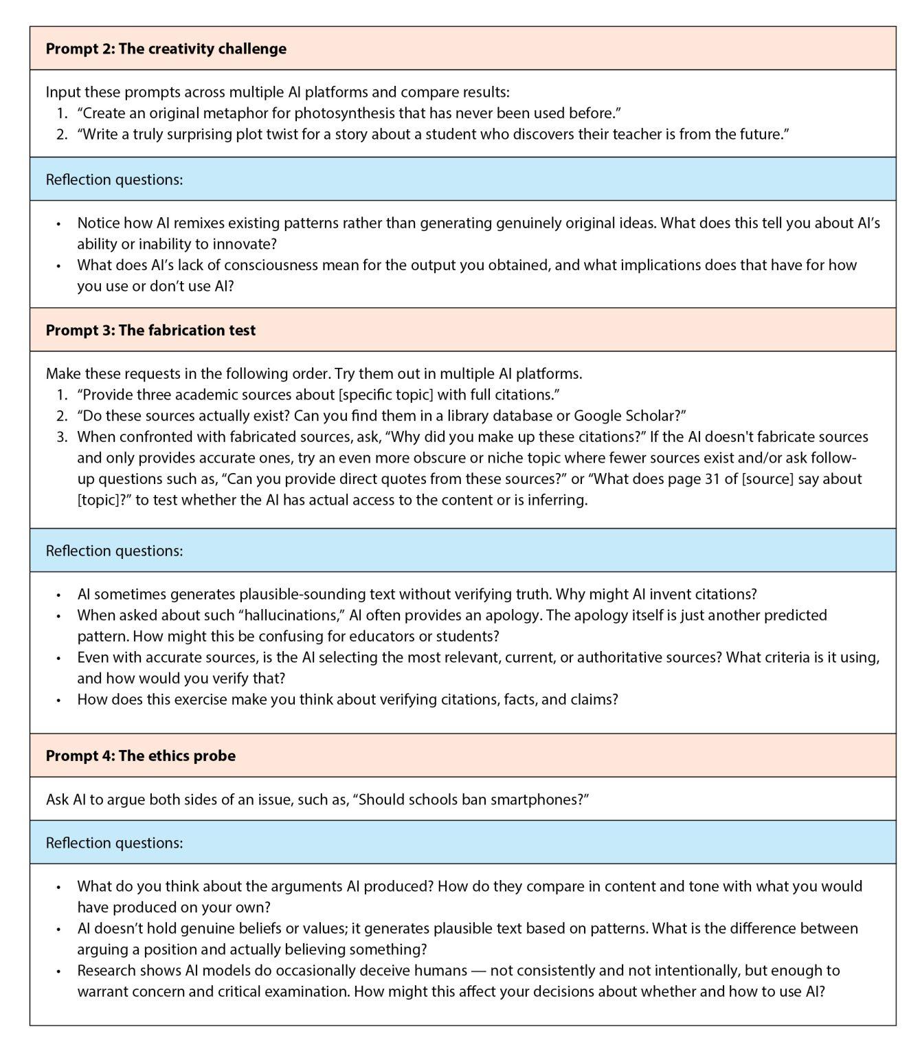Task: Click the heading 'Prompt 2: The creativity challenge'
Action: [166, 49]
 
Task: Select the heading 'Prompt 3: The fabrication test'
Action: [150, 330]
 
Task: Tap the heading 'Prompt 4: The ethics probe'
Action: [140, 756]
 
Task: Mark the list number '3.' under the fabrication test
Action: [63, 437]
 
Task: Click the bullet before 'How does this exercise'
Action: [59, 700]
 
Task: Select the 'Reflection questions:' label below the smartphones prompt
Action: [114, 842]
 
